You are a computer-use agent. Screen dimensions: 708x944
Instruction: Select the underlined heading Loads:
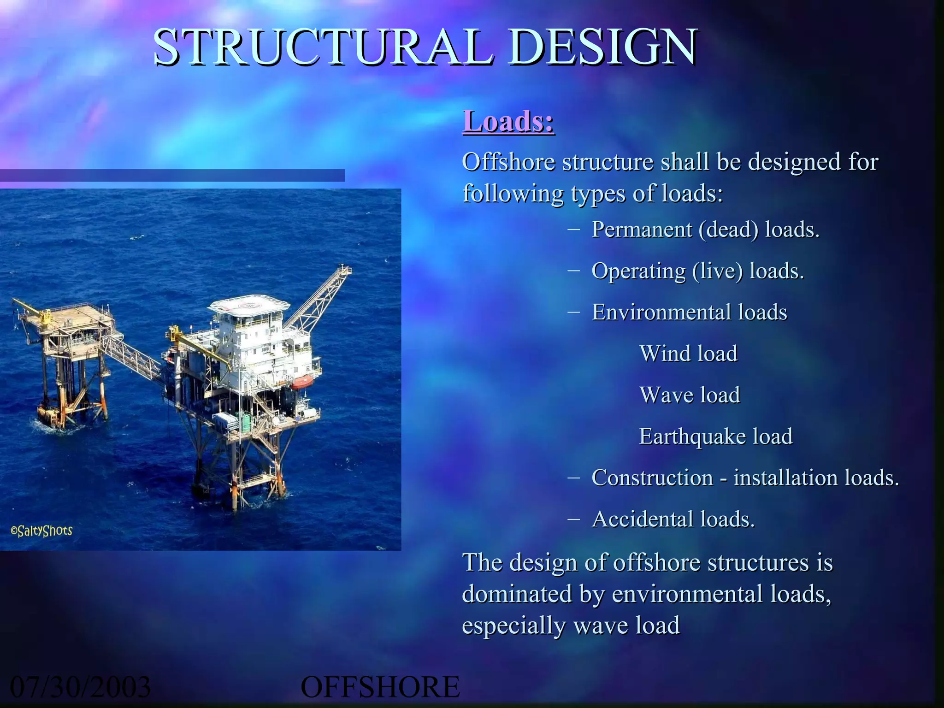508,122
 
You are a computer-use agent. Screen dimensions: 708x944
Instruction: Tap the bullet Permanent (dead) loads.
705,230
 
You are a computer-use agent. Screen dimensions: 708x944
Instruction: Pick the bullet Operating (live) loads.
697,271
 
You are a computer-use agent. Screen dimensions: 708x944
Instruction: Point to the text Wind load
688,354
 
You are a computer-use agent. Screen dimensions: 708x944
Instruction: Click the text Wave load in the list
690,395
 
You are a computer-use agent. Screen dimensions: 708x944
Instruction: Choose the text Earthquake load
715,437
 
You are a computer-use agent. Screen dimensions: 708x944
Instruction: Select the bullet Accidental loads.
673,519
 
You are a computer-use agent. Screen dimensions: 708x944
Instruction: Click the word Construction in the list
652,478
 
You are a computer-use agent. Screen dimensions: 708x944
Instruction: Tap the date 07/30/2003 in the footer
80,687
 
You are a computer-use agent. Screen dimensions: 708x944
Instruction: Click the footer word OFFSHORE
380,687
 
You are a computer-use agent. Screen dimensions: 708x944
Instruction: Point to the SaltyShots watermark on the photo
41,531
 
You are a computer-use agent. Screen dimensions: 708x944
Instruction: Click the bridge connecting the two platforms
131,357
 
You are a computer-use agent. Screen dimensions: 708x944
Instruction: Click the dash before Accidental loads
573,519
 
